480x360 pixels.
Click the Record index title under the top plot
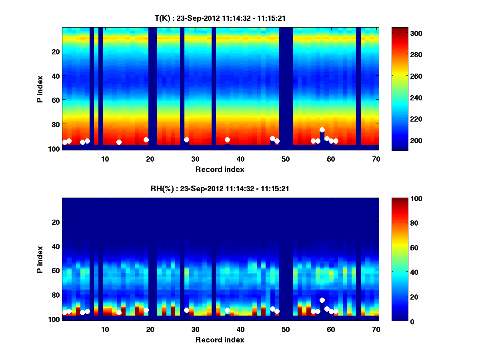(x=220, y=169)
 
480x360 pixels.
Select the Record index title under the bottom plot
(x=220, y=340)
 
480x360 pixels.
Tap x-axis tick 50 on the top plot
(x=286, y=159)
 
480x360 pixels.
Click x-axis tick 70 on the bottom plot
(x=376, y=329)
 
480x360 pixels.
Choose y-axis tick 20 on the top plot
(x=55, y=51)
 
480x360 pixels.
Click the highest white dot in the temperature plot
(x=322, y=130)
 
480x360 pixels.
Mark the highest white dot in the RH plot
(x=322, y=300)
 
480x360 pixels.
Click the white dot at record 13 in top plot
(x=119, y=142)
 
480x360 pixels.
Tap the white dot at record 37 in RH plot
(x=227, y=310)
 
